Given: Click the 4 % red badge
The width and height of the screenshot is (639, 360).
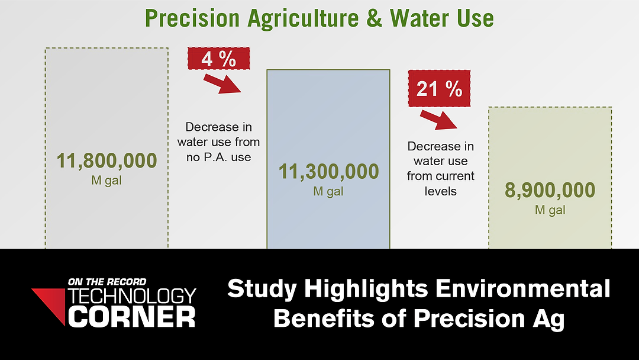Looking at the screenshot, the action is point(219,58).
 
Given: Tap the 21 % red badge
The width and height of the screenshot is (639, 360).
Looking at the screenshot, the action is point(439,88).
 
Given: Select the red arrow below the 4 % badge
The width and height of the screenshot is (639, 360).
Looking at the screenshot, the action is point(222,83).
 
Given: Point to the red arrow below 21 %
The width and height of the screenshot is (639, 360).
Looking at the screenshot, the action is point(438,120).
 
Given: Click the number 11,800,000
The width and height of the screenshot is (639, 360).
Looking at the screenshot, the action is point(106,160).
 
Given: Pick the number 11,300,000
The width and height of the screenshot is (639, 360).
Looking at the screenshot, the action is point(328,172).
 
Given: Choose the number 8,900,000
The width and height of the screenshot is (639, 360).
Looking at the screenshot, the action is point(550,191).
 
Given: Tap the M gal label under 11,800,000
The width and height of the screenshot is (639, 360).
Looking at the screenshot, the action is point(106,180).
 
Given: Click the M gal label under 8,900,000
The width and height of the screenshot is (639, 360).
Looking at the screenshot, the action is point(550,210).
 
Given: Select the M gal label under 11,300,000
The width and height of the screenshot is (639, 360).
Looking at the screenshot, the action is point(328,191).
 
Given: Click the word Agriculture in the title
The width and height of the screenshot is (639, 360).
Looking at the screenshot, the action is point(303,19).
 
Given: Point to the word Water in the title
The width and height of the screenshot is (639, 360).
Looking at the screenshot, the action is point(419,18).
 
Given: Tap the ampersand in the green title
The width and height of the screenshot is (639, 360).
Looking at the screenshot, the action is point(375,18).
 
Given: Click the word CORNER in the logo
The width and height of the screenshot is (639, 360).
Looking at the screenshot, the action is point(131,317).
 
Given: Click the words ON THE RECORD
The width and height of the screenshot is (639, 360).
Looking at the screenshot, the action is point(107,282).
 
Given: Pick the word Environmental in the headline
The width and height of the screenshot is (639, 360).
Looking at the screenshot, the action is point(523,288).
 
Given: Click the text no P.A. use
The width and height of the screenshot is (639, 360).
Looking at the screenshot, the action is point(219,157).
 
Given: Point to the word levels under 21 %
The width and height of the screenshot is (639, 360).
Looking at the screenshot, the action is point(441,191).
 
